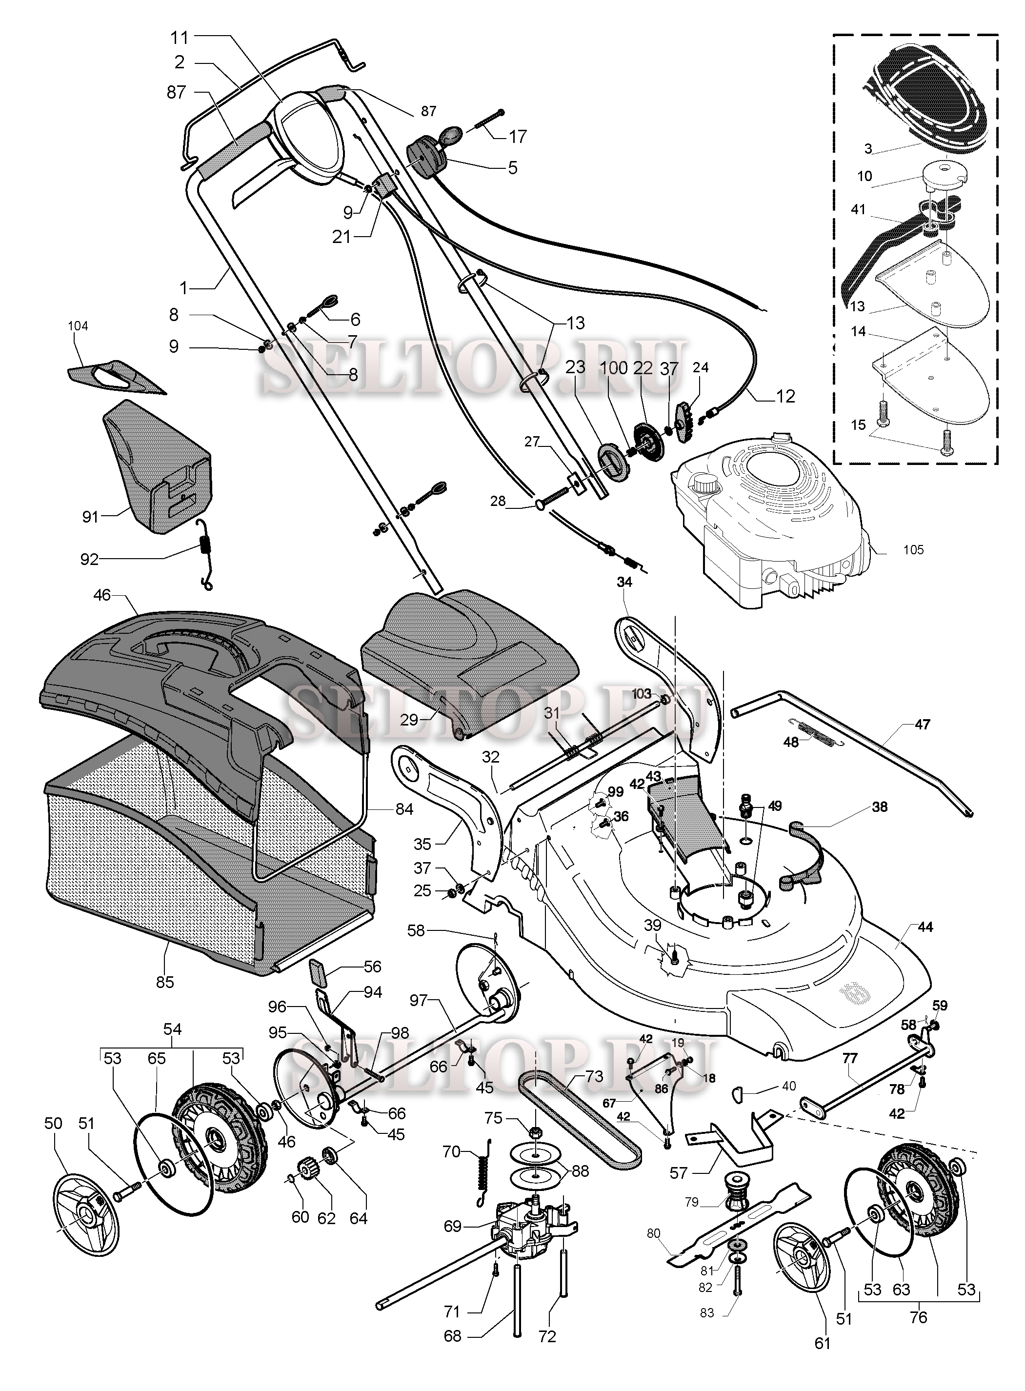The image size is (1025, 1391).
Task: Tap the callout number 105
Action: click(x=913, y=550)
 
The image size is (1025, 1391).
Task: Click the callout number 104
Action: click(x=78, y=326)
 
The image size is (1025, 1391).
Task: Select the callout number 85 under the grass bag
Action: click(x=165, y=982)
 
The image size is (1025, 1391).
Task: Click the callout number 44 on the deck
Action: click(x=925, y=927)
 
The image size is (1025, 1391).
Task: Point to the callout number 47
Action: click(x=922, y=724)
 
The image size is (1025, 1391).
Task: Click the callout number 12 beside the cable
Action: click(x=785, y=396)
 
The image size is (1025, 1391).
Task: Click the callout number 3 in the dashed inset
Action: click(x=868, y=149)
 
